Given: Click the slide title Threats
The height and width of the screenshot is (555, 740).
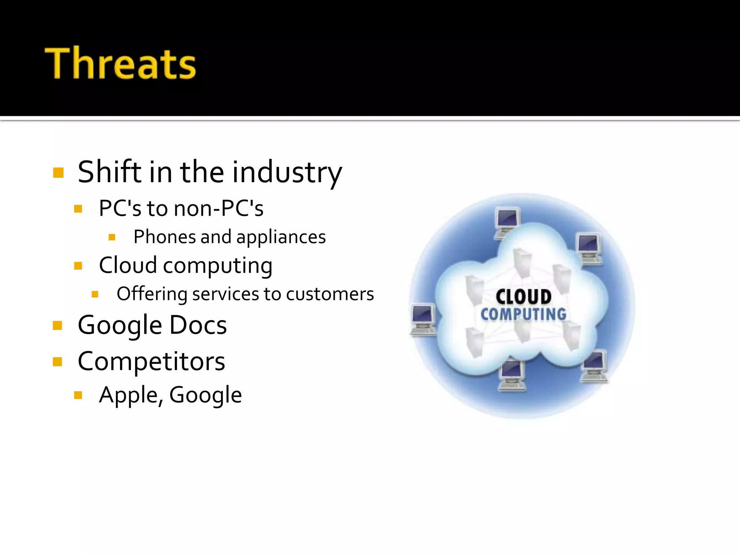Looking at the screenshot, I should click(120, 63).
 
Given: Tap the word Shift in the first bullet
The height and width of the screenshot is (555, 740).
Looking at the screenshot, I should click(109, 172).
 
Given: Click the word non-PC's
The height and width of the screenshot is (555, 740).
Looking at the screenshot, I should click(219, 208).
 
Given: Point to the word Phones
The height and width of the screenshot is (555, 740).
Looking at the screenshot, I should click(164, 237).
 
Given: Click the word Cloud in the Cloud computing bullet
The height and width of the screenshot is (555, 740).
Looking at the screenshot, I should click(128, 265).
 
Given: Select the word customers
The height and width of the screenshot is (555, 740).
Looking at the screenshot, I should click(330, 294).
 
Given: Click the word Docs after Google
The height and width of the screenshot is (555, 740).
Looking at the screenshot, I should click(198, 325).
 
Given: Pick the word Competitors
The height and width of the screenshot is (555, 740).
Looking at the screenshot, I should click(151, 361).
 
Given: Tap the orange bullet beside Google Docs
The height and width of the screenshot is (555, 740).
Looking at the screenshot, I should click(57, 326).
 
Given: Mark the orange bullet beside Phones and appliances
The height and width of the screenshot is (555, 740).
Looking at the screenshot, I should click(112, 237).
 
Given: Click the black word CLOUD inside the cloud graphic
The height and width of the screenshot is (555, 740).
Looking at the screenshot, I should click(523, 297).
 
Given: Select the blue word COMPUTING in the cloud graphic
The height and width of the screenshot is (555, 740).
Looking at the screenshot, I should click(523, 314).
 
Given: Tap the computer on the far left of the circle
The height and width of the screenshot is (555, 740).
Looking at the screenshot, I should click(422, 319).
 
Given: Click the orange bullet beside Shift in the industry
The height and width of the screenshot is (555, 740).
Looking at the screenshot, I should click(58, 173).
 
